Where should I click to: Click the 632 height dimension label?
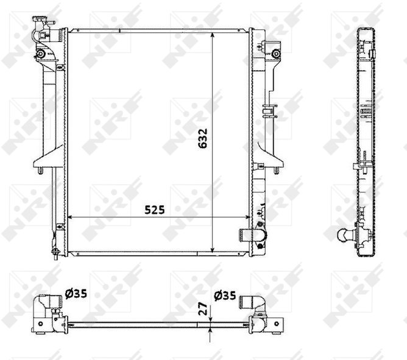(203, 138)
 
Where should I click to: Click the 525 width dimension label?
(154, 210)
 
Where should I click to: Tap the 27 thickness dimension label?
(203, 309)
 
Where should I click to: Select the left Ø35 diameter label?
(76, 294)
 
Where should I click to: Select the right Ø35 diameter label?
(225, 295)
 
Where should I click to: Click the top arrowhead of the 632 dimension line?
(213, 35)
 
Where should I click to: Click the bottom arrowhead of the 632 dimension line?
(213, 249)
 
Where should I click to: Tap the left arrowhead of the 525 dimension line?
(70, 217)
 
